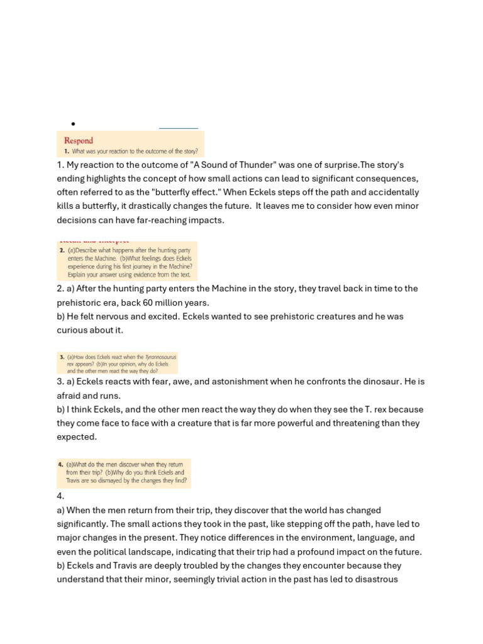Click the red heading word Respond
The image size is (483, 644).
pyautogui.click(x=79, y=141)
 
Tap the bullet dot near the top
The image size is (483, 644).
pyautogui.click(x=74, y=124)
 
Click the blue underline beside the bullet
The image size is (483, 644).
pyautogui.click(x=179, y=128)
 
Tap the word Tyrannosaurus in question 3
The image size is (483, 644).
pyautogui.click(x=160, y=357)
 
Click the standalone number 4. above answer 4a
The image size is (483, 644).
pyautogui.click(x=60, y=496)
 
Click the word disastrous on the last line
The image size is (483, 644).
pyautogui.click(x=375, y=579)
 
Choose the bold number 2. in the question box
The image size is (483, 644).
pyautogui.click(x=62, y=250)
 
